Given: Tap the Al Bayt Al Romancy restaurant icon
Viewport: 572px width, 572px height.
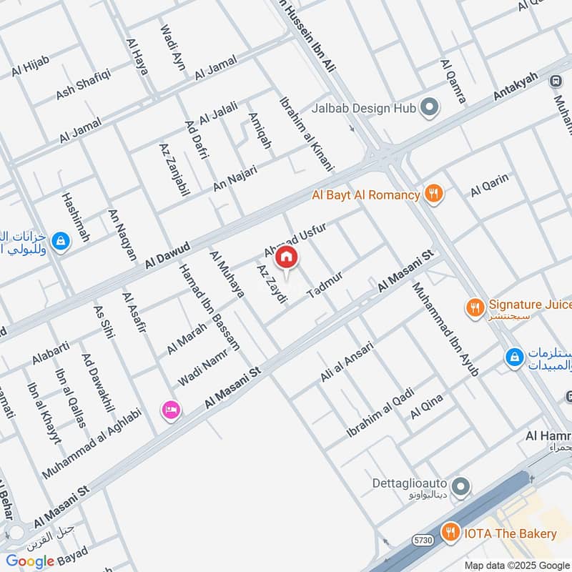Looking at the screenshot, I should (x=433, y=194).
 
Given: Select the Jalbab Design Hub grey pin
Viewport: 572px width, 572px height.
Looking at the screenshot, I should (x=429, y=108).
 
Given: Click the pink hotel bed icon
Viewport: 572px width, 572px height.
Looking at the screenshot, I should (x=172, y=410).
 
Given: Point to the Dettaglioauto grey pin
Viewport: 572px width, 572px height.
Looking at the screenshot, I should (x=462, y=486).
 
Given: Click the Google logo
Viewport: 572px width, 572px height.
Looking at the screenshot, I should (x=30, y=561).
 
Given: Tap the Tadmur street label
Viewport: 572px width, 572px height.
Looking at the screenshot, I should (x=325, y=285).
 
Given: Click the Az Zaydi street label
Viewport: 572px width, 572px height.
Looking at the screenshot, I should (x=271, y=284).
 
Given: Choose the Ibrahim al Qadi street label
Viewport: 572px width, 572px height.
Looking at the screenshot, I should (x=380, y=412).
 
